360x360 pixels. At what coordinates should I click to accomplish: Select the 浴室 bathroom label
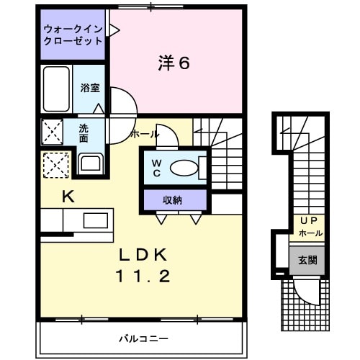(91, 87)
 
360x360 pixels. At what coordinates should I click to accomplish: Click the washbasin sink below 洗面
(90, 162)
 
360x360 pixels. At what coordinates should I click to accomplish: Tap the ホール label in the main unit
(145, 134)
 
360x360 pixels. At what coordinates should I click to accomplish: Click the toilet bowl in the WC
(183, 168)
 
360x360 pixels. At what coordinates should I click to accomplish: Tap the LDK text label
(143, 254)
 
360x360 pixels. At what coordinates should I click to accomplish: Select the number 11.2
(143, 276)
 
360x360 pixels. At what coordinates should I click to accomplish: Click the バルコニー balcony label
(143, 338)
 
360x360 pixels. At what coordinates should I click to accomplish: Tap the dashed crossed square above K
(54, 165)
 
